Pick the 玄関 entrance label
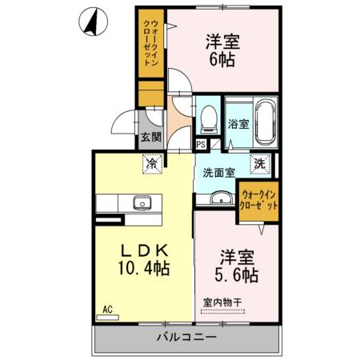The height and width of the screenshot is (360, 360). click(151, 137)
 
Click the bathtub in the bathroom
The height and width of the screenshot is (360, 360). click(266, 122)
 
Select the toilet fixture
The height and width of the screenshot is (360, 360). click(209, 119)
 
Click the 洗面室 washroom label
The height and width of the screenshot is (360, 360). click(218, 172)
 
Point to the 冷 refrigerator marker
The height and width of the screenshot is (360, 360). click(151, 163)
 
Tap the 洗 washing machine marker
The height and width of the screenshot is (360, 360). click(261, 163)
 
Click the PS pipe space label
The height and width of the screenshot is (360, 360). click(201, 145)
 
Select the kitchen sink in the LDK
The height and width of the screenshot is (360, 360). click(142, 202)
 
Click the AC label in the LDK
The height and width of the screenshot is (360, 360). click(106, 307)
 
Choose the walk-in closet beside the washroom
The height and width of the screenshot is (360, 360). click(259, 201)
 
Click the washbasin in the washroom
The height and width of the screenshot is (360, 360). click(220, 197)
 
